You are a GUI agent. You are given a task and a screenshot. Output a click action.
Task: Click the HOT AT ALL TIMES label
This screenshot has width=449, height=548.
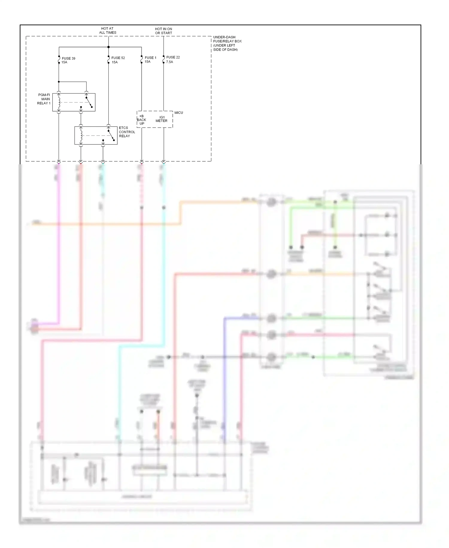pyautogui.click(x=107, y=31)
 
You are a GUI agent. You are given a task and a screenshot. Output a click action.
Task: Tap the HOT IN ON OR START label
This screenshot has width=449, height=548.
pyautogui.click(x=163, y=31)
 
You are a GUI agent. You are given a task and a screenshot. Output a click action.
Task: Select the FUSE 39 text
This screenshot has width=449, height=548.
pyautogui.click(x=69, y=58)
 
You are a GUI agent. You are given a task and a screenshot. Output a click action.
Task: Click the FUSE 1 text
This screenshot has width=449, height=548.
pyautogui.click(x=150, y=58)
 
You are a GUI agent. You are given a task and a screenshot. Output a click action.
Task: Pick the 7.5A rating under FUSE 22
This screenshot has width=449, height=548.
pyautogui.click(x=169, y=62)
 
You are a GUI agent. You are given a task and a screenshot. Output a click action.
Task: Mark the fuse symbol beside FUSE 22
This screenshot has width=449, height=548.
pyautogui.click(x=163, y=60)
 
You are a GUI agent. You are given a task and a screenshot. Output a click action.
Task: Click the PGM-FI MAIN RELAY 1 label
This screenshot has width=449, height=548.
pyautogui.click(x=44, y=99)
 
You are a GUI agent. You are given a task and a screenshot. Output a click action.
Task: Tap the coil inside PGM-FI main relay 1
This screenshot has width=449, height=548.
pyautogui.click(x=59, y=102)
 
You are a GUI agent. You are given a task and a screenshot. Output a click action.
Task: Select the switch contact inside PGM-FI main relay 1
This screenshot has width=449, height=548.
pyautogui.click(x=89, y=102)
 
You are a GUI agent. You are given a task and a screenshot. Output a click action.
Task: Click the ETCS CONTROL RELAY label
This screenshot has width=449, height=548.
pyautogui.click(x=127, y=132)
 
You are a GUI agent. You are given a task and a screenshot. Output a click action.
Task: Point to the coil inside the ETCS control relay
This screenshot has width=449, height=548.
pyautogui.click(x=81, y=136)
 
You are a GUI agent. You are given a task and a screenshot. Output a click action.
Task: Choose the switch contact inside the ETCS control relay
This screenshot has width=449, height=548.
pyautogui.click(x=111, y=135)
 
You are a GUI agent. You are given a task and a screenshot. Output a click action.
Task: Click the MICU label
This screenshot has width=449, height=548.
pyautogui.click(x=179, y=113)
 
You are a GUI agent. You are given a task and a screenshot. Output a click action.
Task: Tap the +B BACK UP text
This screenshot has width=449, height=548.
pyautogui.click(x=142, y=120)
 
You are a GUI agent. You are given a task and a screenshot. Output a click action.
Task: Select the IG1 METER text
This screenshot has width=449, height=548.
pyautogui.click(x=162, y=119)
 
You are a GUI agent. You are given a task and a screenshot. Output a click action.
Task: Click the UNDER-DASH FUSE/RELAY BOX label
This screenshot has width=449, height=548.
pyautogui.click(x=227, y=43)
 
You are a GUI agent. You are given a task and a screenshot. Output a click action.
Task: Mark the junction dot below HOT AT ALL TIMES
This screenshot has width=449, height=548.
pyautogui.click(x=108, y=47)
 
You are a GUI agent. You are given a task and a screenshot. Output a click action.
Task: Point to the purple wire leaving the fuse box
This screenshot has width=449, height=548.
pyautogui.click(x=59, y=240)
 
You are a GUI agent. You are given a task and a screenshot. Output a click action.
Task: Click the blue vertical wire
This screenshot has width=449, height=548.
pyautogui.click(x=224, y=375)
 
